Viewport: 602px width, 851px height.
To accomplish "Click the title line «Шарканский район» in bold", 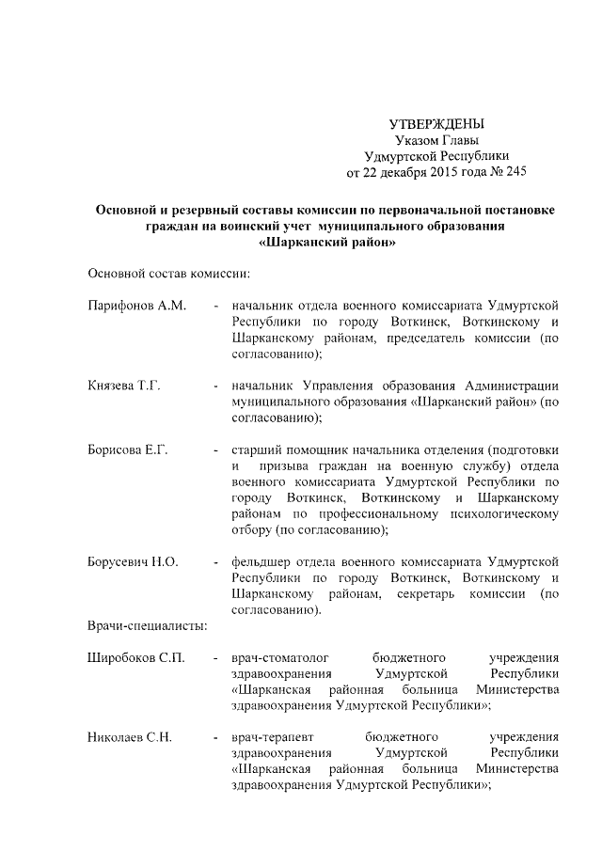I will [x=325, y=243].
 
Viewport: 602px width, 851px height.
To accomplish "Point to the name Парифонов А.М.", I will [x=136, y=306].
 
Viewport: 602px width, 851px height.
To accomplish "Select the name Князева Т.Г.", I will [x=127, y=386].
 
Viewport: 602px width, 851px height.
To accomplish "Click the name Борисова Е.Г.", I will [x=129, y=450].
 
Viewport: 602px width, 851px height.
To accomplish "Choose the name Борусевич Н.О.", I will [x=133, y=561].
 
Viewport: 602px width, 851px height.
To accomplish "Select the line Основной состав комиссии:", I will [x=168, y=274].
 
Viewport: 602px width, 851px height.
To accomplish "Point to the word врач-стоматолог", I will [x=277, y=658].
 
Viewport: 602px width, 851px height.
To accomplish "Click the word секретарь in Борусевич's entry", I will [x=434, y=593].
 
